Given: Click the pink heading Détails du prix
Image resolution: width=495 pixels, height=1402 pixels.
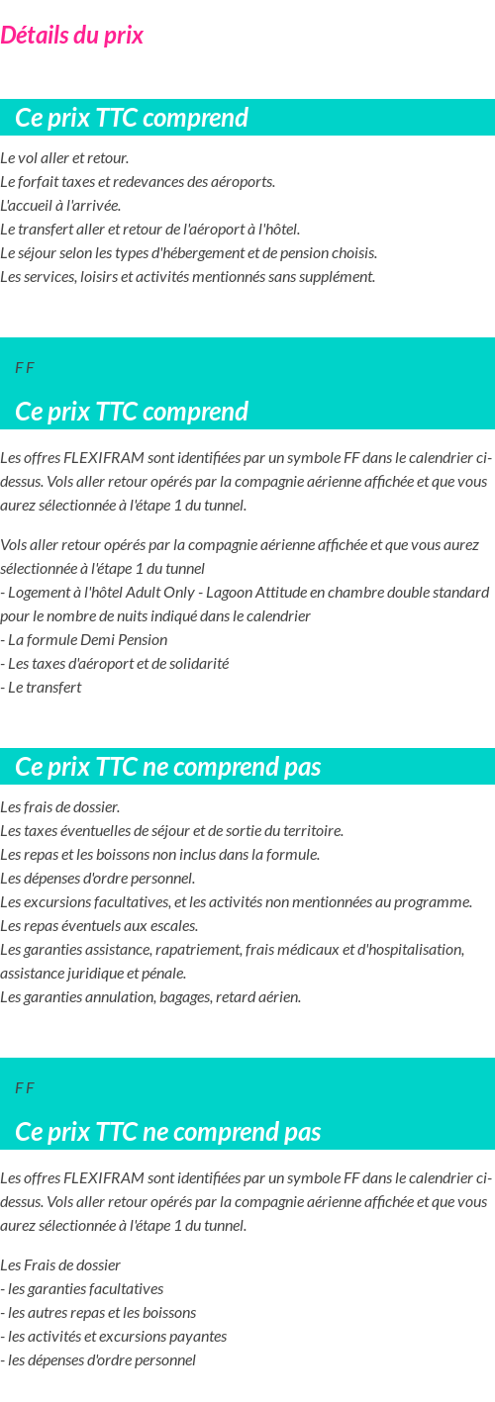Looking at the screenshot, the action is tap(71, 36).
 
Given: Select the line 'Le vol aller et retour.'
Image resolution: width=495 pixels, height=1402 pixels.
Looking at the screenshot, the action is tap(64, 158).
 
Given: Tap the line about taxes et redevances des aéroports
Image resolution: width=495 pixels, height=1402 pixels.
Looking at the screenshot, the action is tap(138, 182).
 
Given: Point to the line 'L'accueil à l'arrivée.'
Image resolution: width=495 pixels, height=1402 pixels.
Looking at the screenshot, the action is tap(60, 206).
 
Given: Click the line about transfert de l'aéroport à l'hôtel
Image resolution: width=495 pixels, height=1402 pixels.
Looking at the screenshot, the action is tap(149, 230).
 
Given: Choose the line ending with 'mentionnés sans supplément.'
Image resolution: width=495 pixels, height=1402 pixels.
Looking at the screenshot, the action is tap(187, 277).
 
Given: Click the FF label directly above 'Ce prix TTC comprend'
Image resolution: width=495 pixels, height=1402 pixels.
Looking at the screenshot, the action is tap(25, 368).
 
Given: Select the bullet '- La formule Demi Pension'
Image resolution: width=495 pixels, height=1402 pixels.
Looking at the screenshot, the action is tap(83, 639).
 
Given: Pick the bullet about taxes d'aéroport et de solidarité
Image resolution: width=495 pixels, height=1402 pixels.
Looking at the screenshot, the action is tap(115, 663).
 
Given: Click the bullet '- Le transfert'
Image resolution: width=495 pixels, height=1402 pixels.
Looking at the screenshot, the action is tap(42, 687).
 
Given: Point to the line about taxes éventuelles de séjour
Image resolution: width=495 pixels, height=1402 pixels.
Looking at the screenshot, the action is tap(171, 830).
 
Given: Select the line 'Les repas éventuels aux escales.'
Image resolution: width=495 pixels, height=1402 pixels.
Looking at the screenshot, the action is tap(99, 925).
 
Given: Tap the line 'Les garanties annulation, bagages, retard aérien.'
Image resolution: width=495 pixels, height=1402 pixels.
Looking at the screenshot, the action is tap(150, 996).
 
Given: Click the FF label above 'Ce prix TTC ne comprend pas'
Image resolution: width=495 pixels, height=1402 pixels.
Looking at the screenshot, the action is tap(25, 1088).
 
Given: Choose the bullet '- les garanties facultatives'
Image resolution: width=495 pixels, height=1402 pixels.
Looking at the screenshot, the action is tap(82, 1288).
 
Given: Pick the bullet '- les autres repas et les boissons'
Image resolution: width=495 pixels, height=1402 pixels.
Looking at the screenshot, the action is tap(98, 1312).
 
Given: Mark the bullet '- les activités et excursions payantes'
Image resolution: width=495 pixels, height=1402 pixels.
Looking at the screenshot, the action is tap(114, 1336).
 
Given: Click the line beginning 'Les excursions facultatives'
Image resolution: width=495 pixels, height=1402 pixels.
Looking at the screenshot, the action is tap(236, 901).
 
